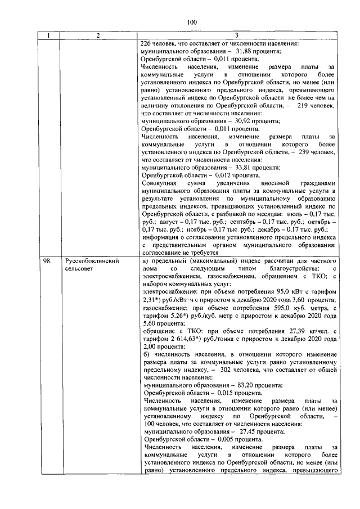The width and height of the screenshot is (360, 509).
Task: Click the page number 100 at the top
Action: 191,22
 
